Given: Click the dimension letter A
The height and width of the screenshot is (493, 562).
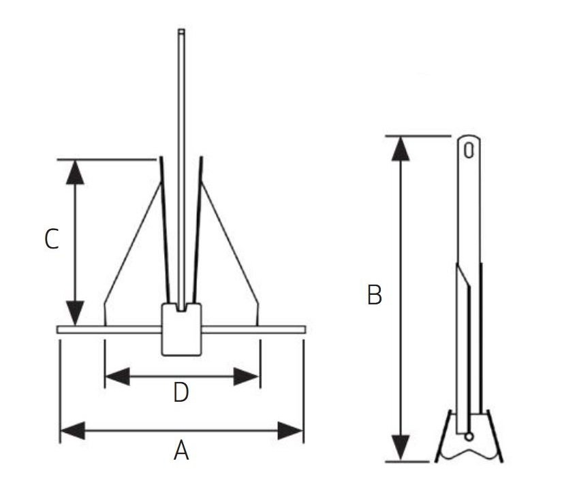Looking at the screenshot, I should [181, 450].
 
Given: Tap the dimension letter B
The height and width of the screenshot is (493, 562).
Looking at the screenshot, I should [374, 296].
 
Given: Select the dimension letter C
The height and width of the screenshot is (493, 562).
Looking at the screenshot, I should [52, 239].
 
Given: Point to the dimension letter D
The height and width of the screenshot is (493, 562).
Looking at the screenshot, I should [181, 393].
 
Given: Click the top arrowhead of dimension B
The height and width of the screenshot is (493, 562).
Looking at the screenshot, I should [402, 148].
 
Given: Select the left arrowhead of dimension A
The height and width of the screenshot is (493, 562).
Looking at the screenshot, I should [72, 430].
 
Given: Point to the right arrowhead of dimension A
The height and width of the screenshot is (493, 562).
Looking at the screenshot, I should [291, 430].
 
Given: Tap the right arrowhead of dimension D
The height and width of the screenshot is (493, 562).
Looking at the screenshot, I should [247, 376].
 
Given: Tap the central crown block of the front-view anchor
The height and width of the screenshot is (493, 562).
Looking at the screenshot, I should [181, 331].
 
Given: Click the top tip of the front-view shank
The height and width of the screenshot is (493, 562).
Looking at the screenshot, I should [181, 31].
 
